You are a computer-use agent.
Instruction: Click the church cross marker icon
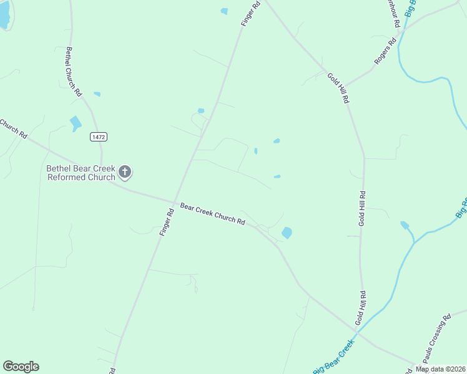125,171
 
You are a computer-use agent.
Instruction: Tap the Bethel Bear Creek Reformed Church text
81,173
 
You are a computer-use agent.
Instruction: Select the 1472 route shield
98,137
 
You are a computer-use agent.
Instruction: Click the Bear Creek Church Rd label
212,214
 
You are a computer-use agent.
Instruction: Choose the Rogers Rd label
385,52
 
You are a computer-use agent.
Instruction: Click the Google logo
21,367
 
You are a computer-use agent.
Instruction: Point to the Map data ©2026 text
440,369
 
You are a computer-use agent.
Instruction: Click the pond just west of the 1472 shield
76,123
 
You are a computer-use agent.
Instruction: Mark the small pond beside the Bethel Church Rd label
97,94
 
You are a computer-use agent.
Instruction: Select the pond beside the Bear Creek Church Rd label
287,233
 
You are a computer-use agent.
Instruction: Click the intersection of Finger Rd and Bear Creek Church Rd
175,202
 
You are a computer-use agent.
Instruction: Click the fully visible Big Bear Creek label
334,357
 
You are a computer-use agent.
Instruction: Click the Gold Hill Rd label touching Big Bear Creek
360,308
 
